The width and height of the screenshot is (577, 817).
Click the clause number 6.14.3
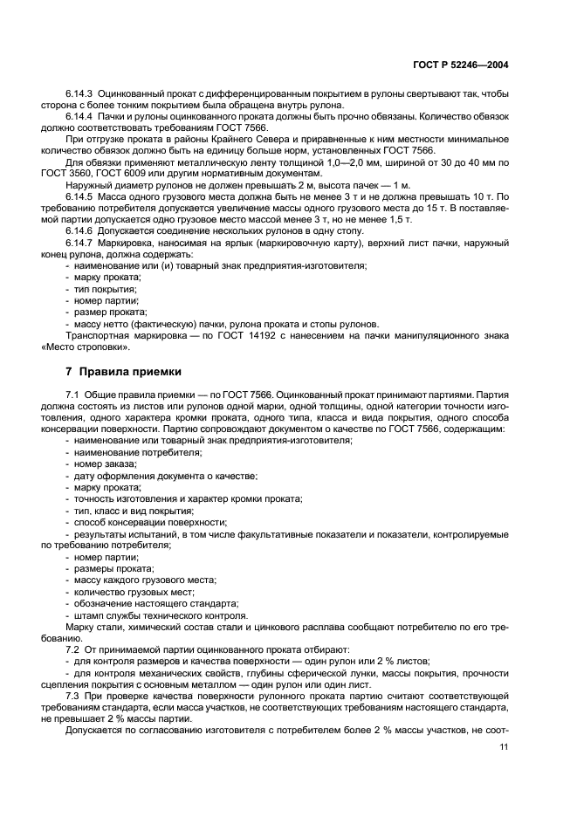click(79, 93)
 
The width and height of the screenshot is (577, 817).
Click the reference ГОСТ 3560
click(64, 174)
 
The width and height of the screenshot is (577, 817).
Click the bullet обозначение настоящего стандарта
click(156, 602)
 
